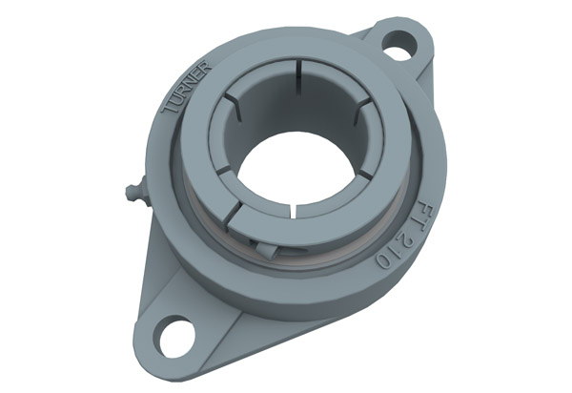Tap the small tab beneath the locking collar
point(267,251)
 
